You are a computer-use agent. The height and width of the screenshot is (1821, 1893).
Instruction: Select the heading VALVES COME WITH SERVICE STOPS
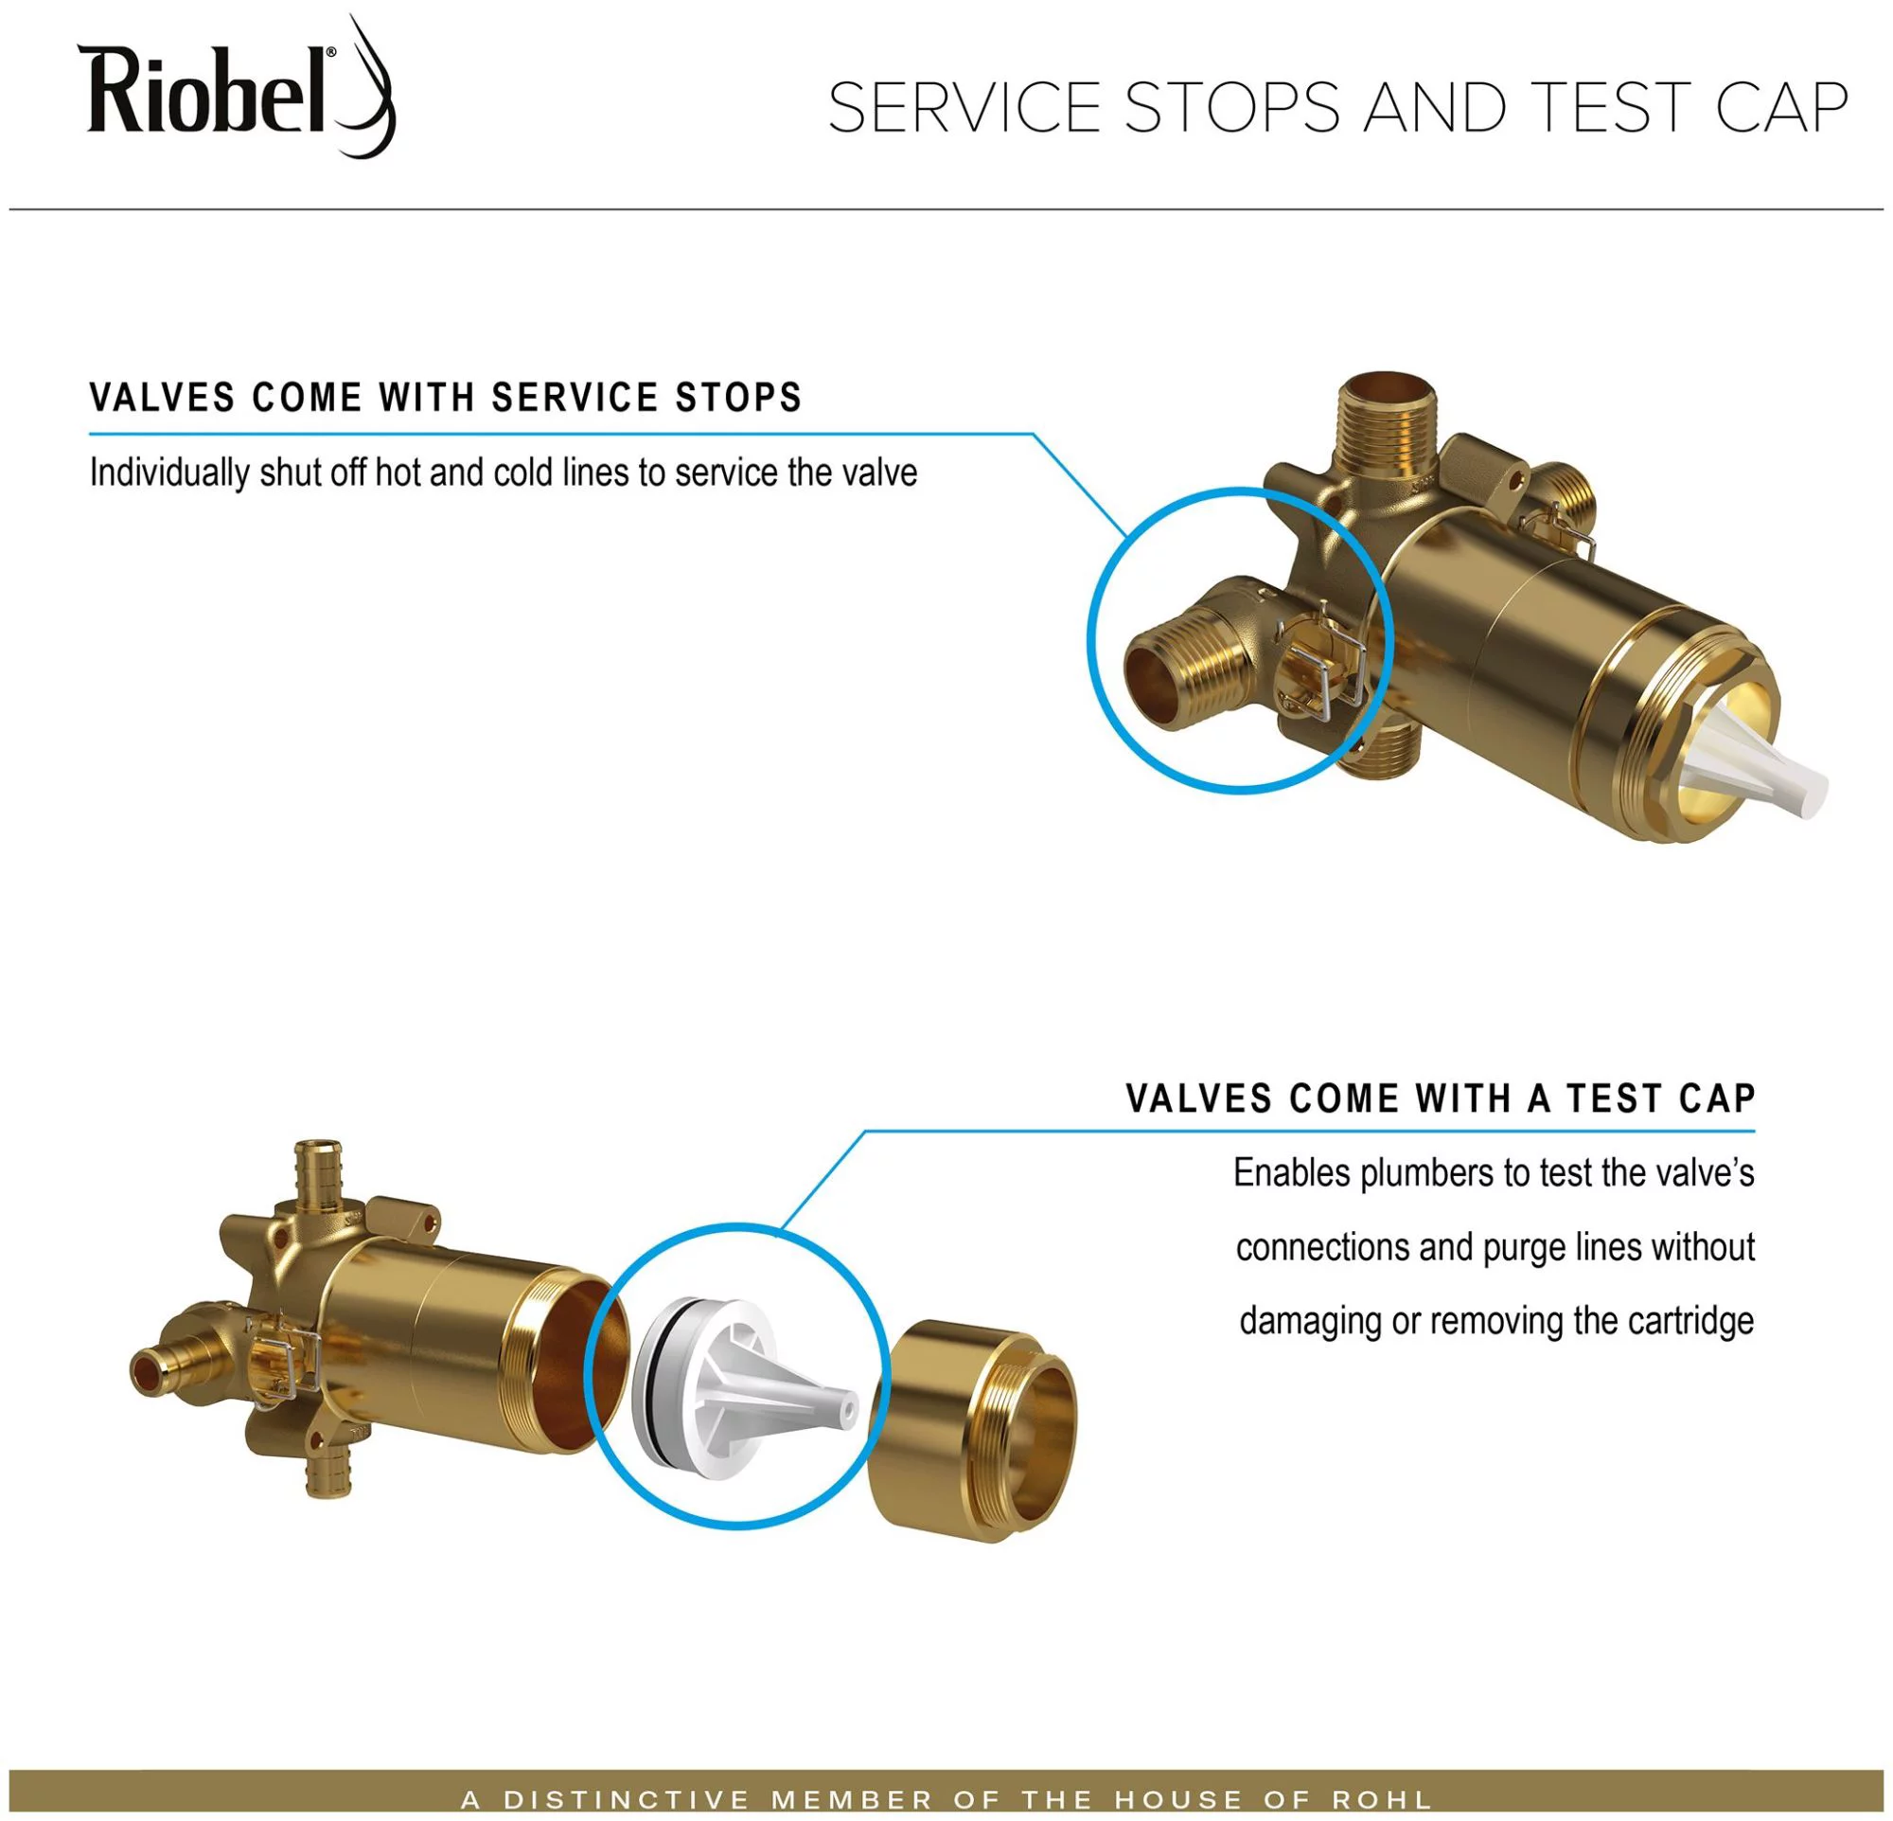445,398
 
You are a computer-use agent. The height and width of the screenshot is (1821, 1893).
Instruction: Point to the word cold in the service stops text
524,473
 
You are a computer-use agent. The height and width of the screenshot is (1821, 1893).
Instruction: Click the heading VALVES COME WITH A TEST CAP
1440,1099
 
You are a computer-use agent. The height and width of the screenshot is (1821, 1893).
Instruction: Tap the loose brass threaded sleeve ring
976,1430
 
